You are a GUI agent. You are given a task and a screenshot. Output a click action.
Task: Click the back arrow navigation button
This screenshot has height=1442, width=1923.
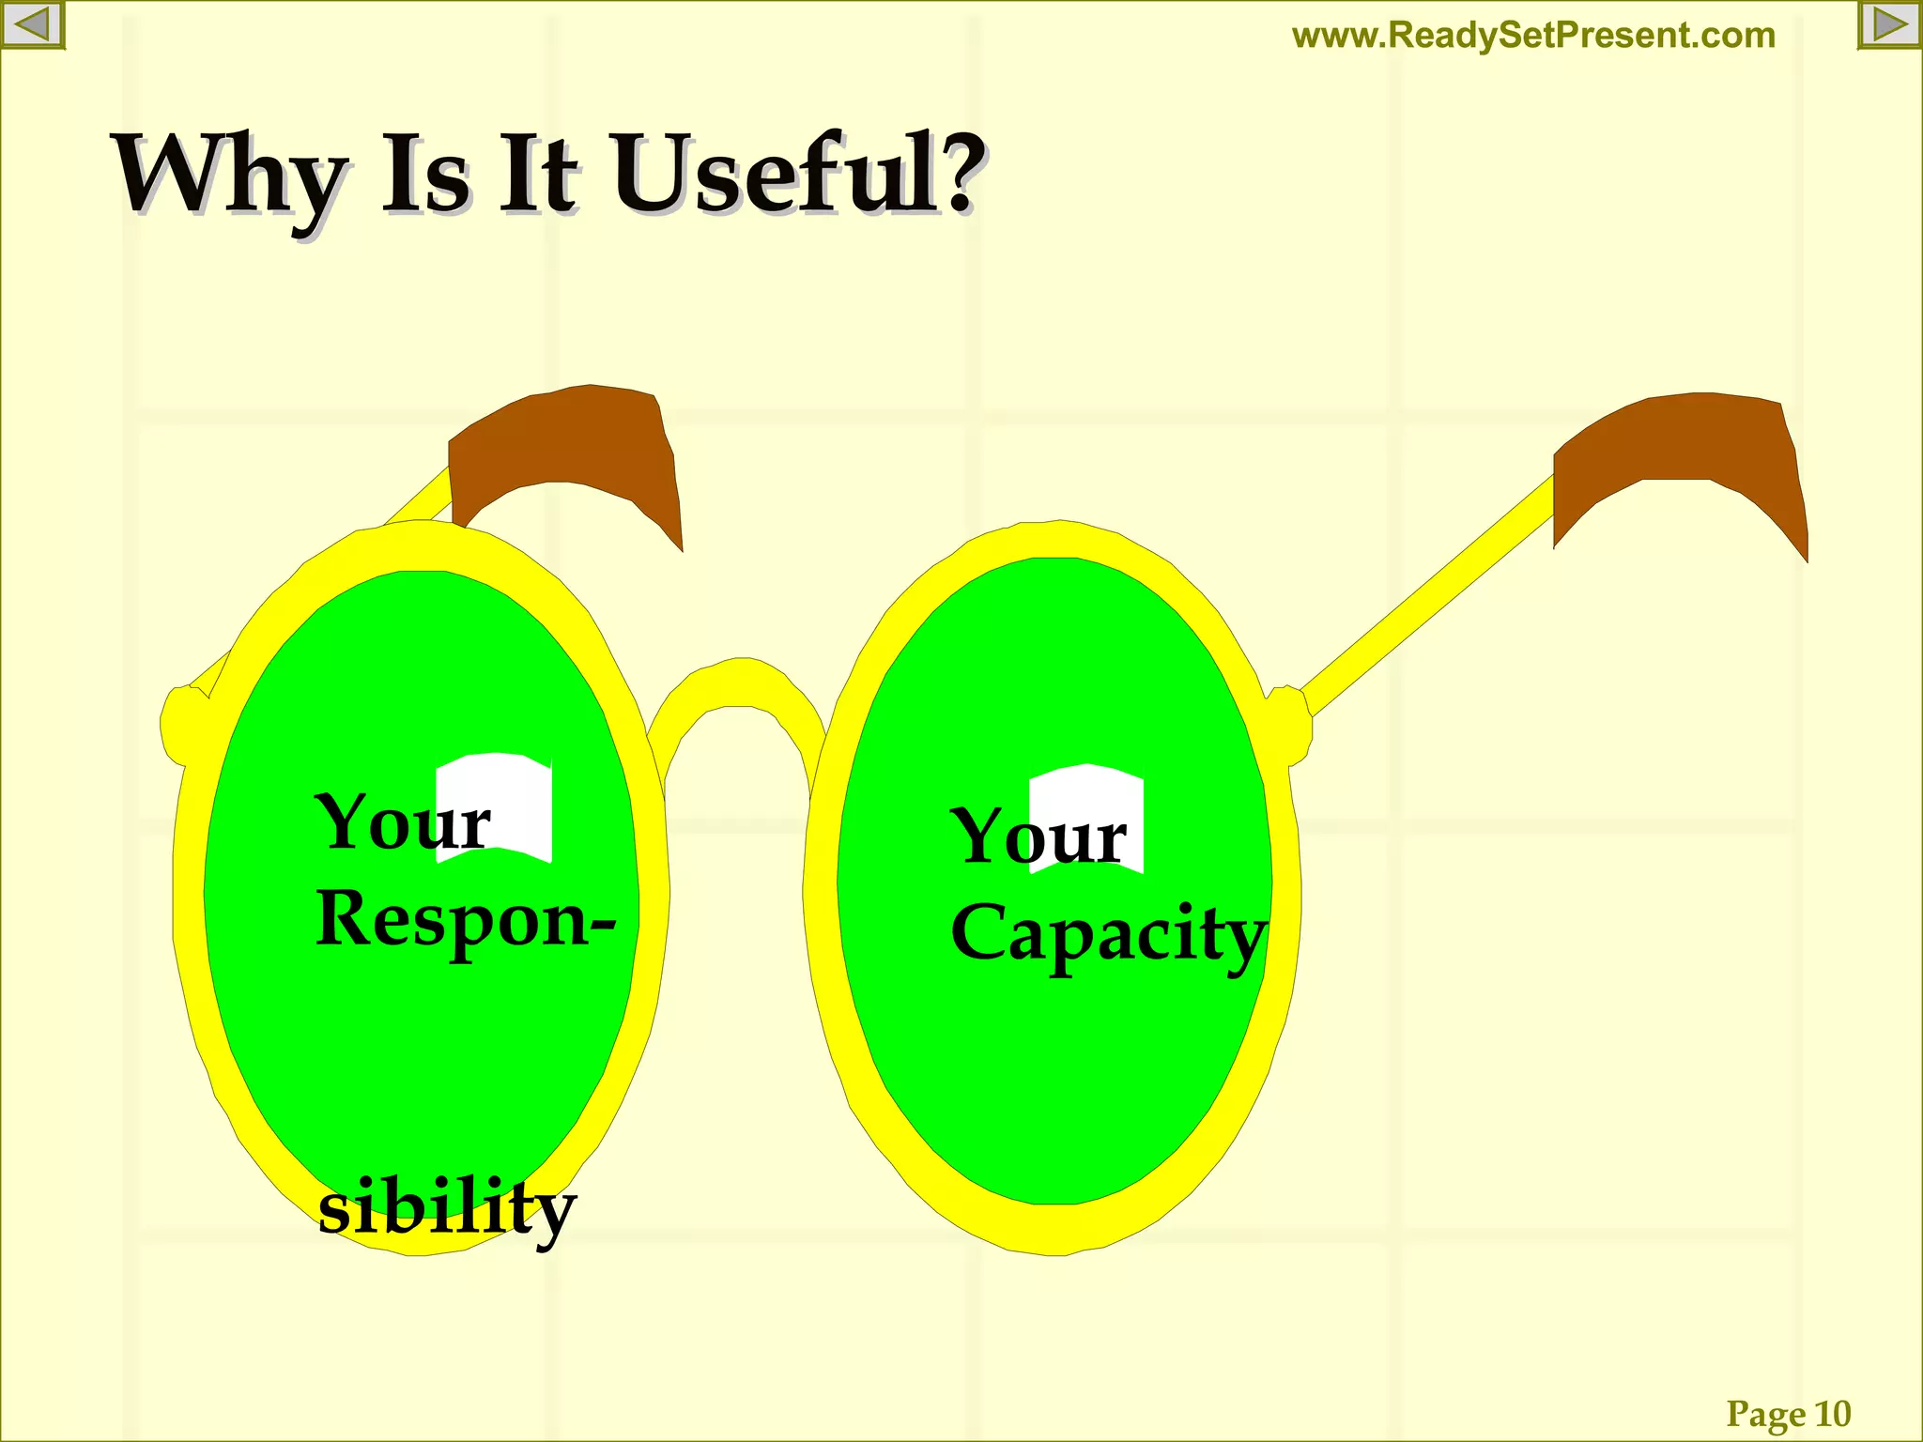[32, 24]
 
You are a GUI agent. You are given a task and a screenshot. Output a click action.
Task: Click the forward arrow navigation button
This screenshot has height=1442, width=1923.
[1889, 24]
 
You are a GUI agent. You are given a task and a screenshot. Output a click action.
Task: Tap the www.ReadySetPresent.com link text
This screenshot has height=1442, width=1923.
[1533, 36]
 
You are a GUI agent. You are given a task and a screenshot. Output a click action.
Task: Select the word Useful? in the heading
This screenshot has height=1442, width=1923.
[798, 174]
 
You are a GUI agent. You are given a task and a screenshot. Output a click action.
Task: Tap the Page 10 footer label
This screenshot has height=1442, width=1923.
[1788, 1413]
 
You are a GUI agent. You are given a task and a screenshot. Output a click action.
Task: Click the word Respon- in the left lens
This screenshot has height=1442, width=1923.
[465, 920]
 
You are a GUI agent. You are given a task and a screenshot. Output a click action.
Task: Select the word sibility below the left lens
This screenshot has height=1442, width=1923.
[447, 1209]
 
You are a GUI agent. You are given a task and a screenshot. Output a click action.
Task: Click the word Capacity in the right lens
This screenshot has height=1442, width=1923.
[1108, 934]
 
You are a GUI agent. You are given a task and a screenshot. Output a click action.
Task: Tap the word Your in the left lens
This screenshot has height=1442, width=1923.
[402, 822]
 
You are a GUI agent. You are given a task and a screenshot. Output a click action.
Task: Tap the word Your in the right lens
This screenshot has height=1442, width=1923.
[1038, 836]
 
